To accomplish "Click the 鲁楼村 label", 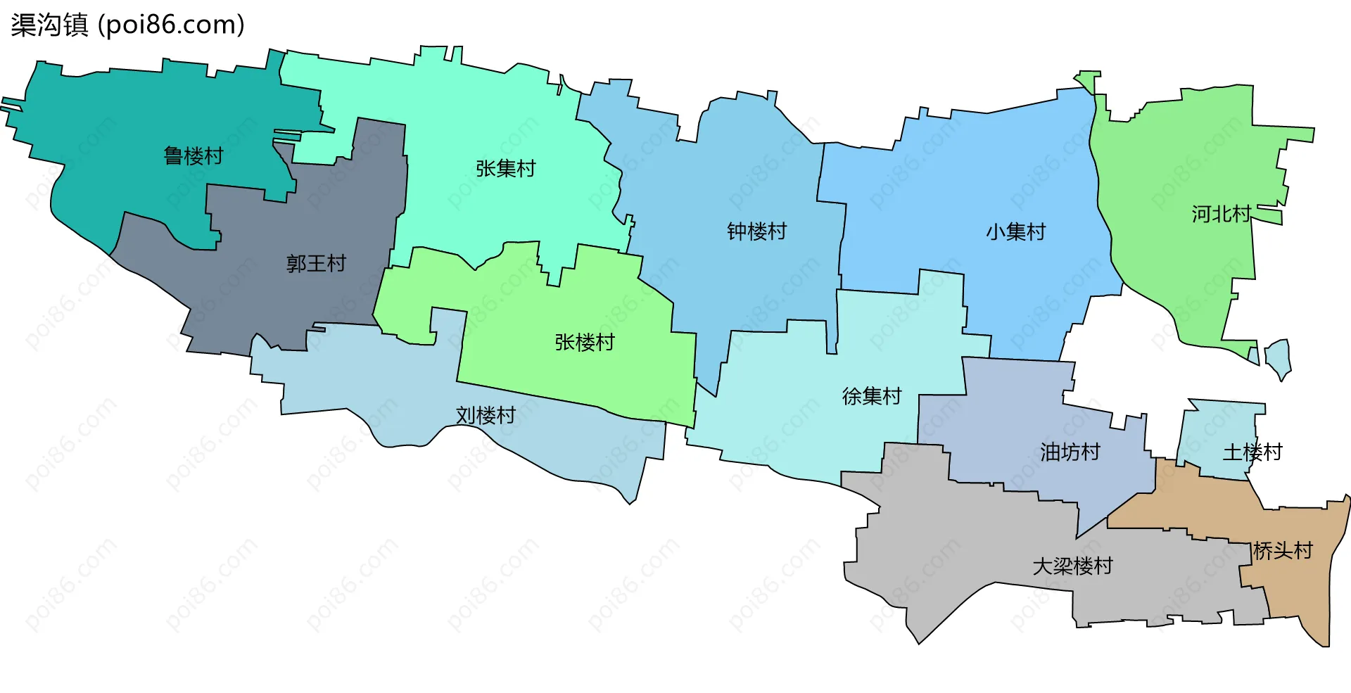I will point(194,155).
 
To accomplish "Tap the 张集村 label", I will point(505,169).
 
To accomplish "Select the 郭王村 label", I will point(316,264).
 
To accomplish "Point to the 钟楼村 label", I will point(756,231).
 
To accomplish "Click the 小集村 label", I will point(1015,232).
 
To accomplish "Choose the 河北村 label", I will point(1221,214).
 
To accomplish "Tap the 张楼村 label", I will point(584,343).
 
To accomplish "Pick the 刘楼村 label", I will point(486,416).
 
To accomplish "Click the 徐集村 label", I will point(872,397).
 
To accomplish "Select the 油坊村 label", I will point(1070,452).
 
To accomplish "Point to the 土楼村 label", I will point(1252,452).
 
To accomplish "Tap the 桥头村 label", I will point(1283,551).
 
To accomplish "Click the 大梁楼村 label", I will point(1072,566).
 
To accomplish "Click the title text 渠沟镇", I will point(49,25).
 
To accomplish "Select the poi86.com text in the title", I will point(172,25).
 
